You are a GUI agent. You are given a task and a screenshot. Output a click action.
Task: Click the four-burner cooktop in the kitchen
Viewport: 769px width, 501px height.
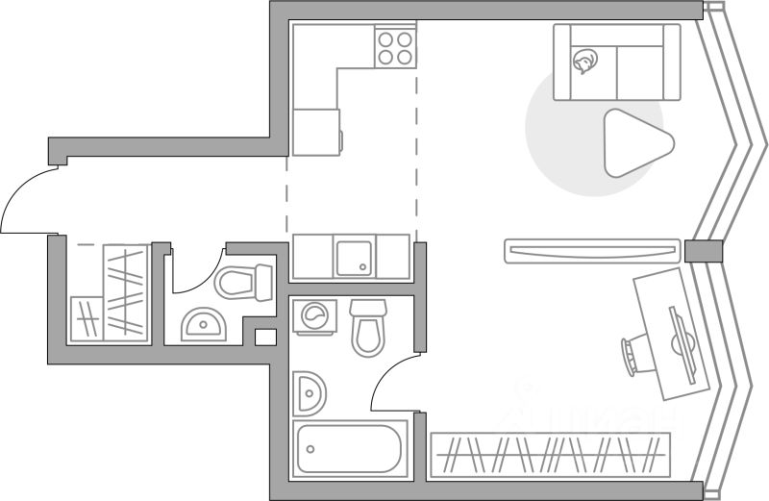(x=395, y=47)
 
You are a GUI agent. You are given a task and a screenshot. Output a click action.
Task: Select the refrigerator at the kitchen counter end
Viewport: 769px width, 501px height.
(x=316, y=132)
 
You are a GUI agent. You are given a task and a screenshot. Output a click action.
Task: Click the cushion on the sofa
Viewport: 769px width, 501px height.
(x=584, y=63)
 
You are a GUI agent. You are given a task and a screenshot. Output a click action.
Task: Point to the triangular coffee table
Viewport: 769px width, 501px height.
(x=631, y=143)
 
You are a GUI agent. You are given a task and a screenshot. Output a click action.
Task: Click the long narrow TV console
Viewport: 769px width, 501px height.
(x=592, y=252)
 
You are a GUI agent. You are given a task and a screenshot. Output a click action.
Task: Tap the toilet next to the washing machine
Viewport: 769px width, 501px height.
(x=367, y=327)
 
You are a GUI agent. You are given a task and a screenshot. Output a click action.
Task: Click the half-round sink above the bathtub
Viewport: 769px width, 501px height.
(x=310, y=392)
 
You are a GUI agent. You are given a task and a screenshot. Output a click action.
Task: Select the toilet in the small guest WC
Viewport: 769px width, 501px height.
(x=244, y=282)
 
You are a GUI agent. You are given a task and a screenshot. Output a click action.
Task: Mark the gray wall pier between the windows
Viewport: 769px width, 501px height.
(x=702, y=250)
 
